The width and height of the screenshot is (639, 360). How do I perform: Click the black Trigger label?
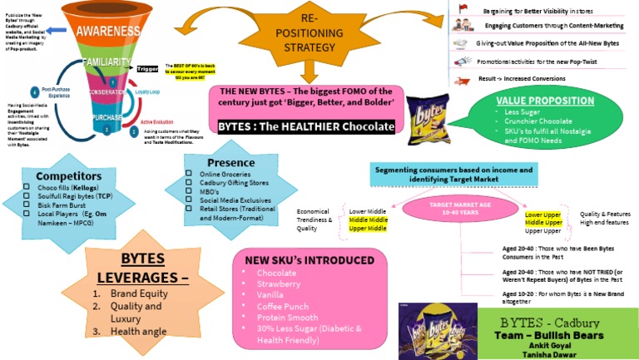click(x=146, y=68)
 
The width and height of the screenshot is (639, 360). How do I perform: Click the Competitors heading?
click(x=63, y=175)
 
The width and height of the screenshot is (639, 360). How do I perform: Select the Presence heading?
click(x=230, y=161)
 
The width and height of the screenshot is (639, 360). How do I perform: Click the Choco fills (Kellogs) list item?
click(x=65, y=188)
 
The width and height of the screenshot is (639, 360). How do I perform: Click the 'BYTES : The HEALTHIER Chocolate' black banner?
click(x=306, y=126)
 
